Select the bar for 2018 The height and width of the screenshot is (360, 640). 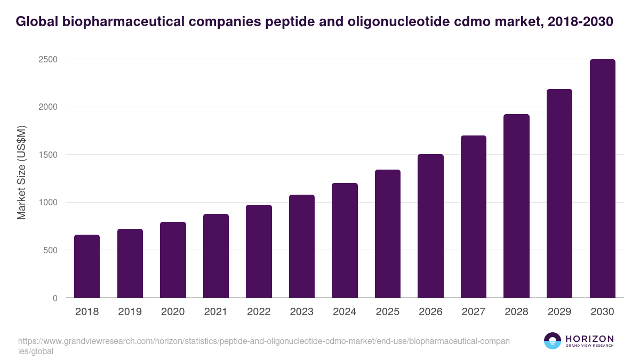click(x=87, y=266)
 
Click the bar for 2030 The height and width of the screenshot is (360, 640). click(x=603, y=179)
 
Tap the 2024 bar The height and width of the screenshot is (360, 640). click(x=345, y=241)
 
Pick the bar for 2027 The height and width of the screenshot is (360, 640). click(x=474, y=217)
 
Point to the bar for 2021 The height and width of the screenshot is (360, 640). click(x=216, y=256)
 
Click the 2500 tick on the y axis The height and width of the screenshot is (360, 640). click(x=48, y=59)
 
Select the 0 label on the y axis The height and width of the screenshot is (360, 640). click(x=55, y=298)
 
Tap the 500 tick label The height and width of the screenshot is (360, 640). click(x=50, y=250)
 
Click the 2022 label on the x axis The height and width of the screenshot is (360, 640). click(x=259, y=312)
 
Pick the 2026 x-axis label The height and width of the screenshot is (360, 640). click(x=430, y=312)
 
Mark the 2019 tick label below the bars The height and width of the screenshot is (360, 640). click(x=130, y=312)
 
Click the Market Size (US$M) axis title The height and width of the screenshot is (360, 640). click(x=21, y=172)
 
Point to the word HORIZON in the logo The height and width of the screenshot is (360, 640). click(x=590, y=338)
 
